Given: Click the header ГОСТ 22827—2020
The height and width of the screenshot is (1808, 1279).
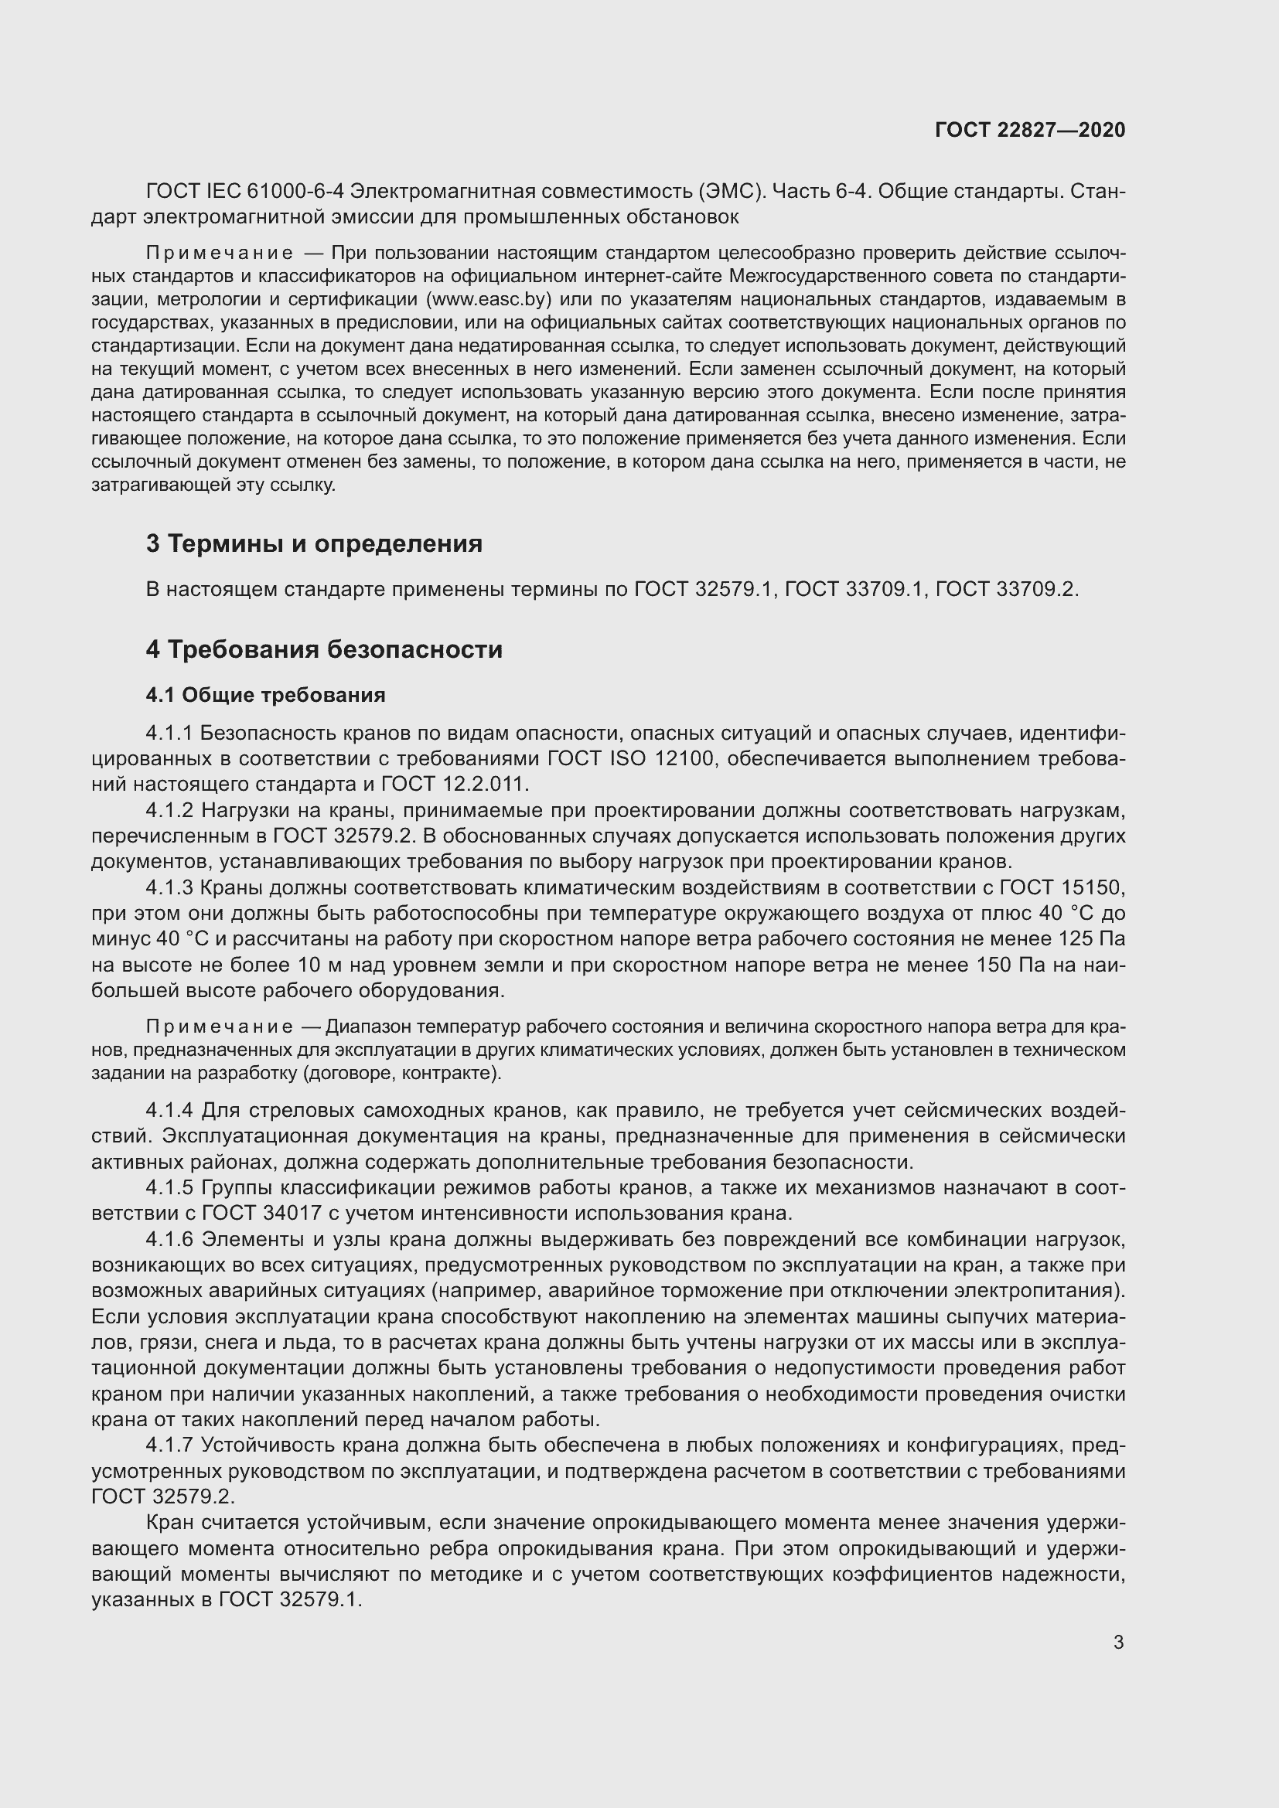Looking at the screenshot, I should click(1030, 130).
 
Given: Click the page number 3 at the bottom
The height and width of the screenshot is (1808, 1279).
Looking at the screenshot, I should click(1118, 1643).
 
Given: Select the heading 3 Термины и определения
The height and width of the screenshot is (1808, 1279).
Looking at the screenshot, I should click(313, 543).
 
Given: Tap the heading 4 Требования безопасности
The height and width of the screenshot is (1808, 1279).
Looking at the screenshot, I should click(324, 649).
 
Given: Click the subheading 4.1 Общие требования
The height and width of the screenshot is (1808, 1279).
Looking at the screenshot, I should click(265, 695).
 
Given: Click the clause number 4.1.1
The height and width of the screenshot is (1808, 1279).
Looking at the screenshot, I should click(169, 733).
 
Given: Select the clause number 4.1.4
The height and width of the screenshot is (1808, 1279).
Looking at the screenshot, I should click(169, 1110).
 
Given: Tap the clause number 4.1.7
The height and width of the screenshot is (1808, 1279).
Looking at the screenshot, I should click(169, 1445).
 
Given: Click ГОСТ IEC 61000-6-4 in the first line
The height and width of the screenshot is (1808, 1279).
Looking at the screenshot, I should click(245, 192).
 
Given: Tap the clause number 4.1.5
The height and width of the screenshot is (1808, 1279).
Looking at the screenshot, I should click(169, 1187).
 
